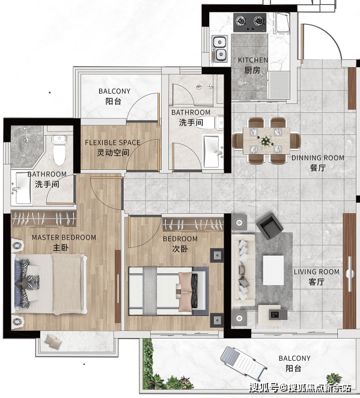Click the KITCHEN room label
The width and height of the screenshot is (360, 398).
(x=252, y=60)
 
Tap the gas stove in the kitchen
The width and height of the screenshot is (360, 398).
(x=250, y=23)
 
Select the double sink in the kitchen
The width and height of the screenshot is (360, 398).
(x=219, y=48)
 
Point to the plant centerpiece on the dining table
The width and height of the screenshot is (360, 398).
(x=266, y=141)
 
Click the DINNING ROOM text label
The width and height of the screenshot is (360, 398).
(x=317, y=158)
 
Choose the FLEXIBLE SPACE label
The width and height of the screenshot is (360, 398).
(x=112, y=143)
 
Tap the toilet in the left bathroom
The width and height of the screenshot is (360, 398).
(x=59, y=150)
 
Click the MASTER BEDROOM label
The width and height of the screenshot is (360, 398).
(x=64, y=238)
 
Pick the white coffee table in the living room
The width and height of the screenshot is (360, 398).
(x=273, y=270)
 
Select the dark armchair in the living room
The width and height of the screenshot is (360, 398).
(x=270, y=226)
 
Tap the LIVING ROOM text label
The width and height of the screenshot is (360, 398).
(x=317, y=272)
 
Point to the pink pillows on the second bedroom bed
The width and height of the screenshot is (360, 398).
(x=185, y=292)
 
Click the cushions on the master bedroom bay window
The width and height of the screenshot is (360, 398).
(x=53, y=340)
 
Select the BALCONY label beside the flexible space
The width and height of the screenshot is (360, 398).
(x=114, y=91)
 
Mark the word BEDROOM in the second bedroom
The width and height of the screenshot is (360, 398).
(x=180, y=239)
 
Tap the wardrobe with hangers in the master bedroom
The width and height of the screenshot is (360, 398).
(x=44, y=219)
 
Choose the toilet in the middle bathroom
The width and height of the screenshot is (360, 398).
(x=213, y=122)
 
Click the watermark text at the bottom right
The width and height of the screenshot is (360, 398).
(x=301, y=388)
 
